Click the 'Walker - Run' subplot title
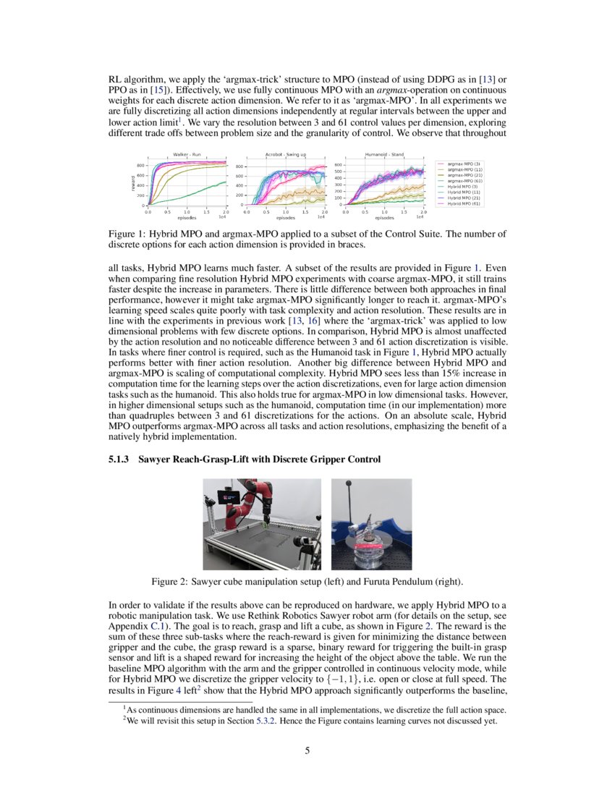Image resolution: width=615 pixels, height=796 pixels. [x=187, y=154]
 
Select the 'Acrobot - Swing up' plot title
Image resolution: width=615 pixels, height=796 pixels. [x=285, y=154]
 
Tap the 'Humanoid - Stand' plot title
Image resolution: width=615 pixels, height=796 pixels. [x=384, y=154]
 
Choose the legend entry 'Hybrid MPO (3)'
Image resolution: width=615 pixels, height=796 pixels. [x=464, y=187]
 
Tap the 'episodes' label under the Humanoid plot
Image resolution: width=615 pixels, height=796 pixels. [x=384, y=217]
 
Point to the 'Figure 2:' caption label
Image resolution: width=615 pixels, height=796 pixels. [x=171, y=582]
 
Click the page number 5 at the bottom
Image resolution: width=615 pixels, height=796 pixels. [x=307, y=750]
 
